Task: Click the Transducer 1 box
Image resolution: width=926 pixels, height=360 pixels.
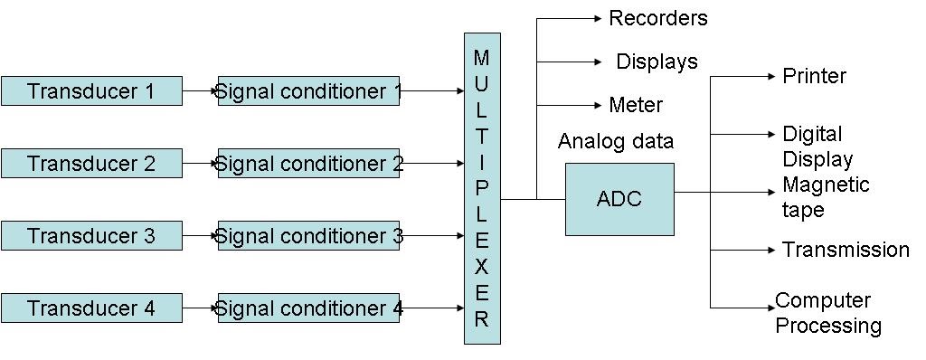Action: click(91, 91)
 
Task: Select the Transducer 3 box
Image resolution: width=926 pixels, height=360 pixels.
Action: click(91, 236)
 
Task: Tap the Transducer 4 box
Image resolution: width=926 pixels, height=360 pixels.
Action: click(91, 308)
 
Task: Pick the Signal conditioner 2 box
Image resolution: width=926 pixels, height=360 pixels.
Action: click(308, 164)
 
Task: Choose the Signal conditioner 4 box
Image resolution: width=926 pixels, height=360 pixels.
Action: click(308, 308)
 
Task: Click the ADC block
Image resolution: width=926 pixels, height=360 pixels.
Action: click(619, 199)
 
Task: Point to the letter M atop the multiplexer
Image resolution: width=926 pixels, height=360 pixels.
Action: click(481, 59)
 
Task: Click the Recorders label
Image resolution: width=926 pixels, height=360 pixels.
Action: click(657, 18)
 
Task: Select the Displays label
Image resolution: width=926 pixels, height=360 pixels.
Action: click(657, 62)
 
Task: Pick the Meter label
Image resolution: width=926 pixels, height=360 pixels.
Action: click(635, 105)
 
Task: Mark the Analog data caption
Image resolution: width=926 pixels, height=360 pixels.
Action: click(615, 141)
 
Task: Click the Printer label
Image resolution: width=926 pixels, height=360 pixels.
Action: click(814, 76)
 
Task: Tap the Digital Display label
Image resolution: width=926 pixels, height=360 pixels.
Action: click(817, 147)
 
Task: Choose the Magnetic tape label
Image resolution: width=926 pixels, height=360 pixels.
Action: click(825, 197)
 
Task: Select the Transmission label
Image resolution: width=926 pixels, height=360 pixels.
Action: click(846, 250)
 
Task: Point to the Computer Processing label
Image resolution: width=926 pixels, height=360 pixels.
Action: click(827, 313)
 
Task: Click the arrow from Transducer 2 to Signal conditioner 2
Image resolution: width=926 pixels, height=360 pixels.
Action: click(200, 164)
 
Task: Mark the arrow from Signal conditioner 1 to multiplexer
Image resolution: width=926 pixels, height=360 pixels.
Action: click(431, 91)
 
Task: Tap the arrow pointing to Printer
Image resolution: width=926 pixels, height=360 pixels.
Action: click(743, 76)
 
